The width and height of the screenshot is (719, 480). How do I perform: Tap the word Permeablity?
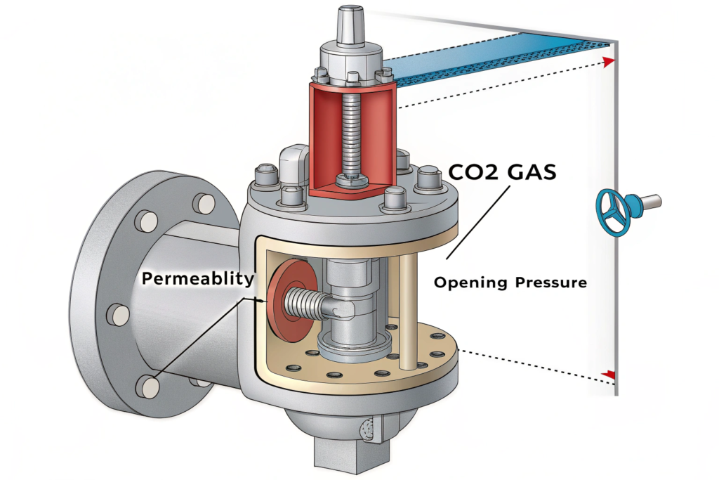point(197,278)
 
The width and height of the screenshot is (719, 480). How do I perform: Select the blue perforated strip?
point(492,56)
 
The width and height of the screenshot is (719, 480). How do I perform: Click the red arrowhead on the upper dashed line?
point(608,61)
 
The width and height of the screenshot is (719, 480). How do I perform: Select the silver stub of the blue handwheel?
point(649,202)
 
